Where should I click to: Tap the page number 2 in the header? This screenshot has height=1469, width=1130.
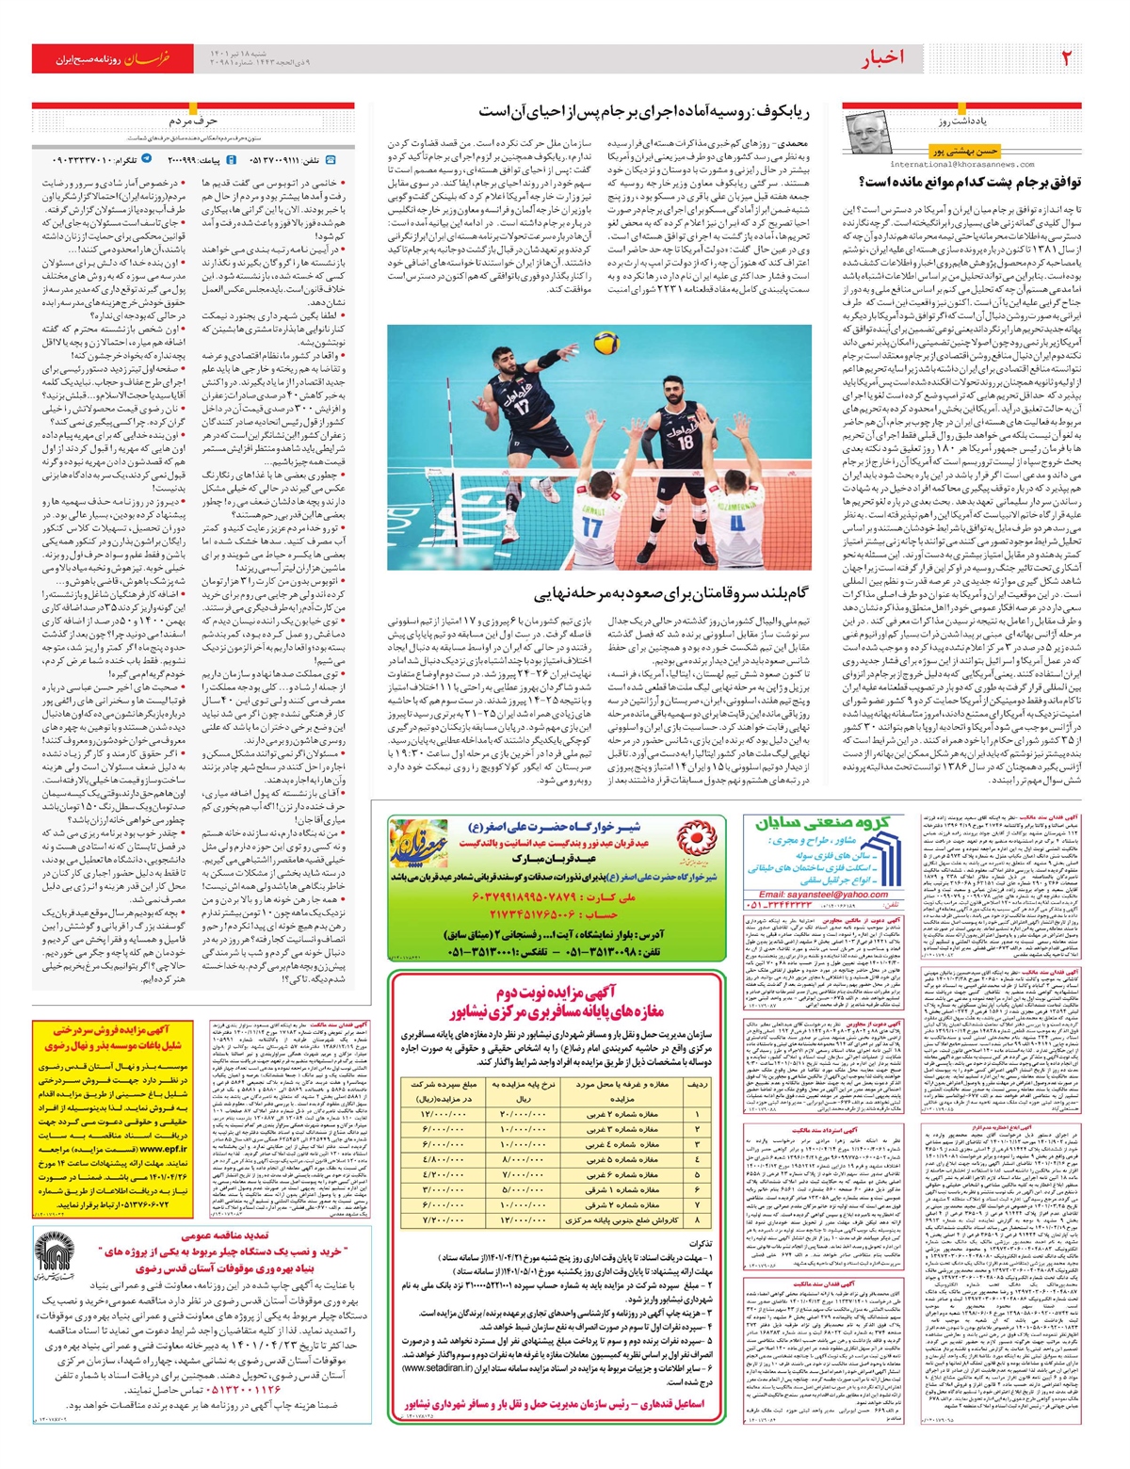(1065, 58)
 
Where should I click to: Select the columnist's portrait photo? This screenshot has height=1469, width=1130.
(868, 135)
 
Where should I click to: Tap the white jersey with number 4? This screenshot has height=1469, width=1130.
(738, 521)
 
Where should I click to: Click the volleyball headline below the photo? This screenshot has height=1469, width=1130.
(671, 594)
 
